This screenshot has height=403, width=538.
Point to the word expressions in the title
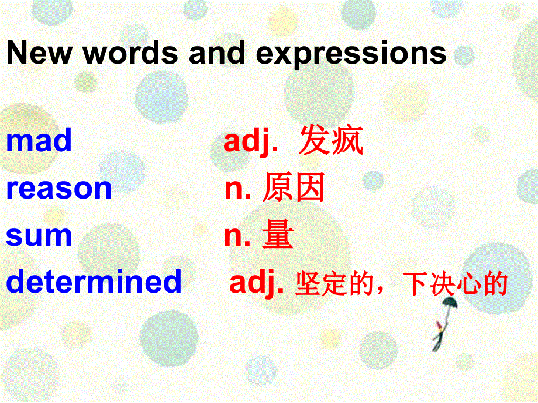coord(351,54)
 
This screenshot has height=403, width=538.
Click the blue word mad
coord(39,141)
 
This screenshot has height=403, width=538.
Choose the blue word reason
coord(58,189)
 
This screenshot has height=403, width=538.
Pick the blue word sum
coord(39,235)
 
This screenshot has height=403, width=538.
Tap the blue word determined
coord(94,282)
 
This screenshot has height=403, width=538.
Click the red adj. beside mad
coord(251,142)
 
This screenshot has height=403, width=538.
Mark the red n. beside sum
coord(237,236)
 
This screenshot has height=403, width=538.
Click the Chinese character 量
coord(278,235)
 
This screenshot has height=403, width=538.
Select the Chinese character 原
coord(277,189)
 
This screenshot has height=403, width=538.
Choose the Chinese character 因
coord(309,189)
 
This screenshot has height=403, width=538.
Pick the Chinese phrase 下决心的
coord(456,284)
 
